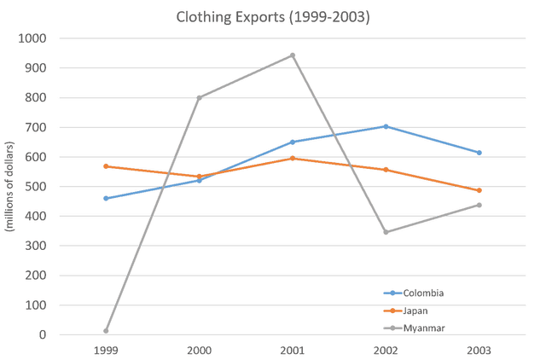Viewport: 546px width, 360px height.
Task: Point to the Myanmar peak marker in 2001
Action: (x=293, y=55)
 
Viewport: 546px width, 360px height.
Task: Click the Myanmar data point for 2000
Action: (x=200, y=97)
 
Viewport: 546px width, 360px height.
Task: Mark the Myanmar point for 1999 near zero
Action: (x=106, y=332)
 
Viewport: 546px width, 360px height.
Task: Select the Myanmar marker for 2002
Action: (x=386, y=232)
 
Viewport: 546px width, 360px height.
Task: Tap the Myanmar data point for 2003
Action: (x=479, y=205)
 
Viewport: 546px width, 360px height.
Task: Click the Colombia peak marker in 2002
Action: (x=386, y=126)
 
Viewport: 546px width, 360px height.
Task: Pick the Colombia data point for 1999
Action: (x=106, y=198)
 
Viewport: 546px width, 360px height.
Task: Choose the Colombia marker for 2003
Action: (x=479, y=153)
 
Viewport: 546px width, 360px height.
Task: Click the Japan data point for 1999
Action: (x=106, y=166)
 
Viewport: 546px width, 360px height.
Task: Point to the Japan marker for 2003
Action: (x=479, y=190)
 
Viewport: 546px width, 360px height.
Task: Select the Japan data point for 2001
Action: (x=293, y=158)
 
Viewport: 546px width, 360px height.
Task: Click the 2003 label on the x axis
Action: (x=479, y=349)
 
